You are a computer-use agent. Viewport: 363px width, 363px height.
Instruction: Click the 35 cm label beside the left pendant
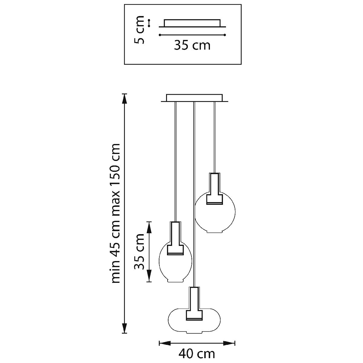tap(139, 252)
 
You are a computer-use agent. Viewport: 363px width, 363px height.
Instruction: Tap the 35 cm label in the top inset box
tap(192, 45)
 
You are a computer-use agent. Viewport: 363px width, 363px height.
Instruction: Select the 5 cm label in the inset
tap(139, 30)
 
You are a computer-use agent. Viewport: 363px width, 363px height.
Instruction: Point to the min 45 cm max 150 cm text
tap(116, 213)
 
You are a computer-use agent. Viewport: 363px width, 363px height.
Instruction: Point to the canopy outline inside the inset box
tap(192, 23)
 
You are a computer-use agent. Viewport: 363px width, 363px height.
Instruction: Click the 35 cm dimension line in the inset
tap(192, 35)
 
